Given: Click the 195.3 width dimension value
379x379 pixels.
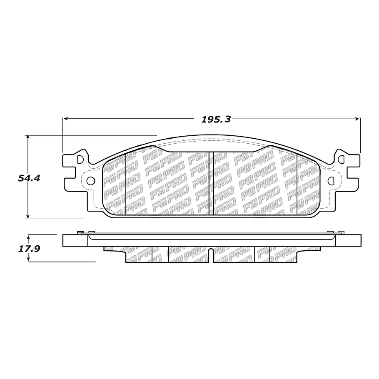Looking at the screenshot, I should pyautogui.click(x=216, y=119).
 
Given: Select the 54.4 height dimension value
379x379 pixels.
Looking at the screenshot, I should pyautogui.click(x=28, y=178).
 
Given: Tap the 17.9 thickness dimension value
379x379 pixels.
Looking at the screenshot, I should pyautogui.click(x=28, y=249).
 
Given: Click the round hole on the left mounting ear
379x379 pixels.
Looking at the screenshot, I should pyautogui.click(x=90, y=181).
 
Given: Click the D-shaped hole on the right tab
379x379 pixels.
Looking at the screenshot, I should pyautogui.click(x=341, y=159).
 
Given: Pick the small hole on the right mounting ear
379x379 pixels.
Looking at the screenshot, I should pyautogui.click(x=332, y=181).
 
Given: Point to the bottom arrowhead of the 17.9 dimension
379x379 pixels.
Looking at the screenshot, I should pyautogui.click(x=28, y=259).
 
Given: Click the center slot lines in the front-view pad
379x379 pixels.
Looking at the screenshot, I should pyautogui.click(x=211, y=183).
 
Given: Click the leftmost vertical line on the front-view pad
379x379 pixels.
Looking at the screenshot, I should pyautogui.click(x=125, y=183).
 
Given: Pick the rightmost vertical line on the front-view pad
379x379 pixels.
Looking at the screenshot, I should pyautogui.click(x=297, y=183).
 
